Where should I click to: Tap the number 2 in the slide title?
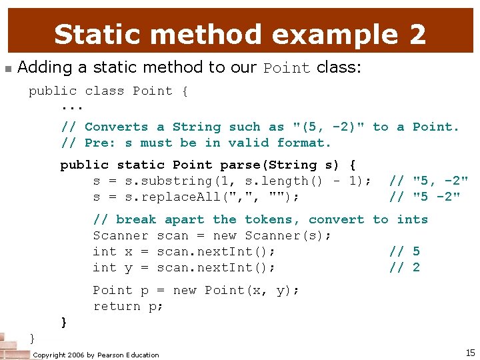pyautogui.click(x=417, y=34)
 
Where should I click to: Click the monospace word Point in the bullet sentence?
pyautogui.click(x=287, y=68)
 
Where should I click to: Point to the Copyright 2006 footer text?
pyautogui.click(x=96, y=355)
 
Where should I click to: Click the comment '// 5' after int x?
pyautogui.click(x=405, y=251)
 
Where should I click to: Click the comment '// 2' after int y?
pyautogui.click(x=405, y=267)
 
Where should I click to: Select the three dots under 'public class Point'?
pyautogui.click(x=72, y=107)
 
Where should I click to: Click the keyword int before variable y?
pyautogui.click(x=105, y=267)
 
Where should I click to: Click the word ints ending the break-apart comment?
pyautogui.click(x=413, y=219)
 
